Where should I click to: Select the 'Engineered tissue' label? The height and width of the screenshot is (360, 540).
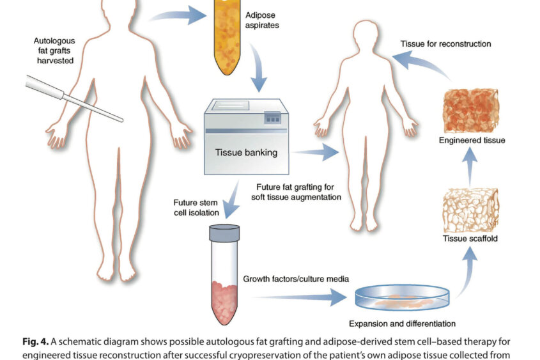point(472,141)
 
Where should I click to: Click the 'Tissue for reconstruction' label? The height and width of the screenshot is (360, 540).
point(445,44)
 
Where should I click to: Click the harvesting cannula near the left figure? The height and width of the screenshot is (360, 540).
point(73,97)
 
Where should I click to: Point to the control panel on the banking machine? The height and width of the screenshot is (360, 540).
point(273,118)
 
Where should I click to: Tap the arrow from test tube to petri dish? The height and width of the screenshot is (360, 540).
point(300,297)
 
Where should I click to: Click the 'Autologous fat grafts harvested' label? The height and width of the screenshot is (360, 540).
point(54,51)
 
